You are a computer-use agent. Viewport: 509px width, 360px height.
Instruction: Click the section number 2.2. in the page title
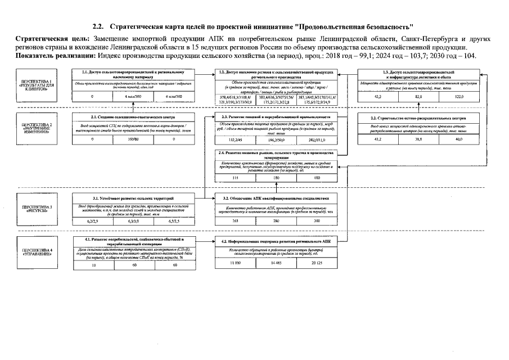click(x=99, y=26)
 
